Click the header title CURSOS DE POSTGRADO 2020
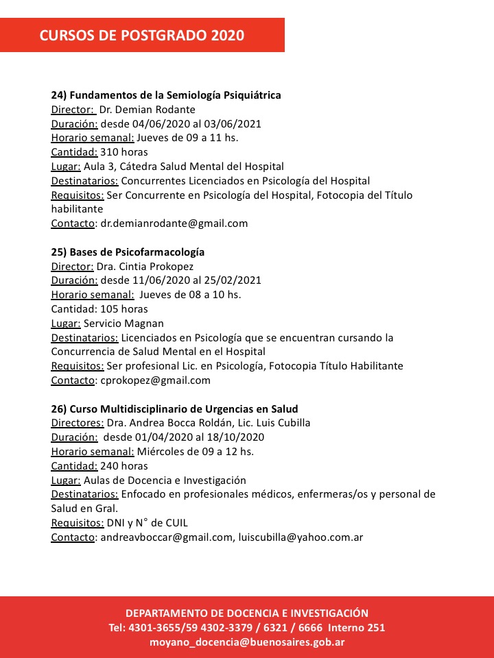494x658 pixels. (x=142, y=36)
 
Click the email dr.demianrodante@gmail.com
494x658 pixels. (x=174, y=223)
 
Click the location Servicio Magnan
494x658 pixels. (x=123, y=324)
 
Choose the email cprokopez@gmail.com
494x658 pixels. (x=156, y=380)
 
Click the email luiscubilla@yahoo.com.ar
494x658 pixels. (x=301, y=537)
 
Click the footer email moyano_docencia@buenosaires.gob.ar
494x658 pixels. (x=247, y=642)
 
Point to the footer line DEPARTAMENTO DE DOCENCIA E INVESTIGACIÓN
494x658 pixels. (x=247, y=613)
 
